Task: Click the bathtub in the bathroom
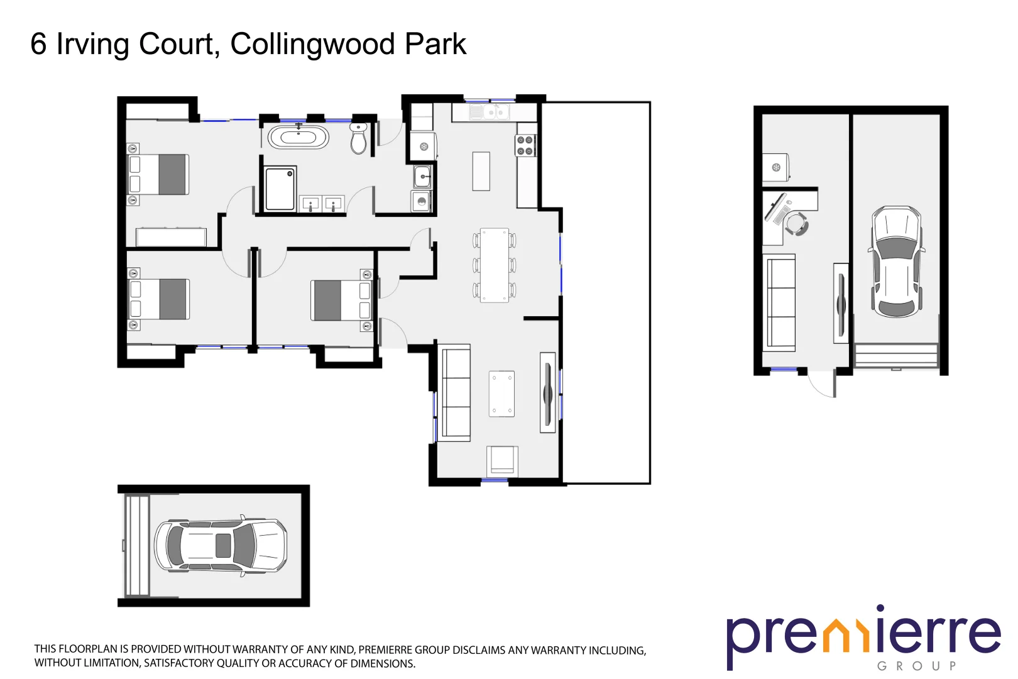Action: pos(298,137)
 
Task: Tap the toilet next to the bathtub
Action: pos(358,139)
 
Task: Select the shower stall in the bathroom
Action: pos(280,188)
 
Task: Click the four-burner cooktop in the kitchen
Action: pos(525,145)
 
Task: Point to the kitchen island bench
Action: pos(481,171)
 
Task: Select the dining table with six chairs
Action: pos(495,265)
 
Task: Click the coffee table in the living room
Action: pos(501,394)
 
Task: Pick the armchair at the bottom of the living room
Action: pos(502,460)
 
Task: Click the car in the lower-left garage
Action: pos(221,546)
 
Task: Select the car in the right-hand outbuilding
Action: pos(897,262)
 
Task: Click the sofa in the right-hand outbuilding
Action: pos(779,302)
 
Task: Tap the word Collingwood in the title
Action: pos(312,44)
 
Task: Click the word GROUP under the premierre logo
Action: pos(916,666)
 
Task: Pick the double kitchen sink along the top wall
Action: pos(490,113)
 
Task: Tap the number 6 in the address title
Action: pos(38,44)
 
